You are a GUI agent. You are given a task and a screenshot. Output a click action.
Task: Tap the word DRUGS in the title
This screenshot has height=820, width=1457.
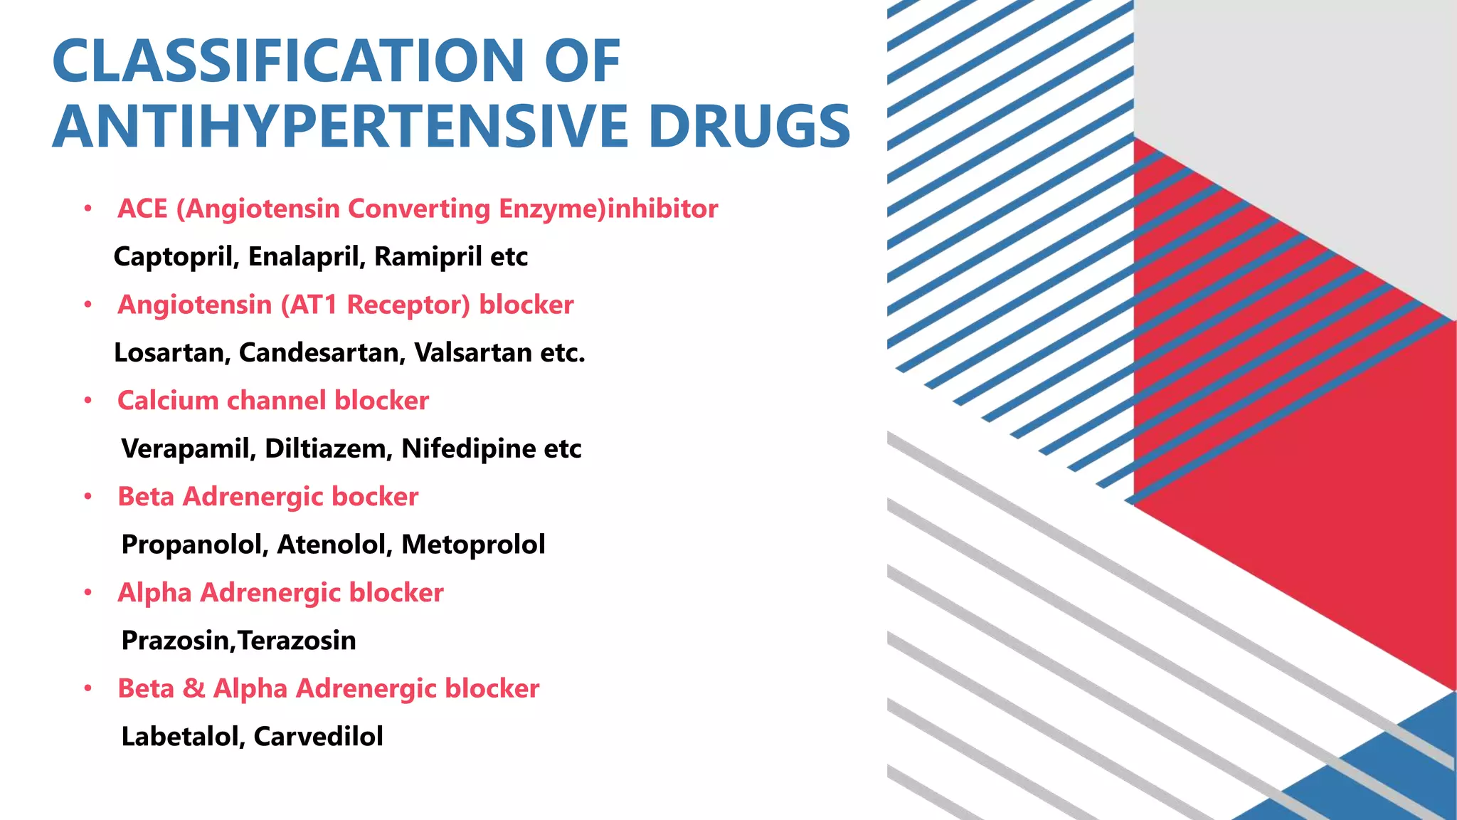coord(749,127)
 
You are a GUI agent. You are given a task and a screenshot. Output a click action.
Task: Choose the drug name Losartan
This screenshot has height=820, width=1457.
coord(171,352)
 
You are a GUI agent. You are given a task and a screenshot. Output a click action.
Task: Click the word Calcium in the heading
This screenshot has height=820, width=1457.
coord(167,401)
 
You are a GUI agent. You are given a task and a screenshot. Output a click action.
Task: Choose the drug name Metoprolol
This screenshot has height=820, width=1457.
coord(473,545)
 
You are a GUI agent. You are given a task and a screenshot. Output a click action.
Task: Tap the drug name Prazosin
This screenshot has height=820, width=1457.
coord(176,641)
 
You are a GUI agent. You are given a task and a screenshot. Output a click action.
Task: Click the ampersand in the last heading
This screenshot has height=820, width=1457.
coord(194,689)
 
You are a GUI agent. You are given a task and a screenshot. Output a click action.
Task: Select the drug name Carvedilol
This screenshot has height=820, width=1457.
coord(318,737)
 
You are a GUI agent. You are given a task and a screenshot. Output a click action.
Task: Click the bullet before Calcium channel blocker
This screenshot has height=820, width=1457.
coord(88,401)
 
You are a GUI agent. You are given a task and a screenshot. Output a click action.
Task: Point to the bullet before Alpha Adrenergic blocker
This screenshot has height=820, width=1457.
coord(88,593)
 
